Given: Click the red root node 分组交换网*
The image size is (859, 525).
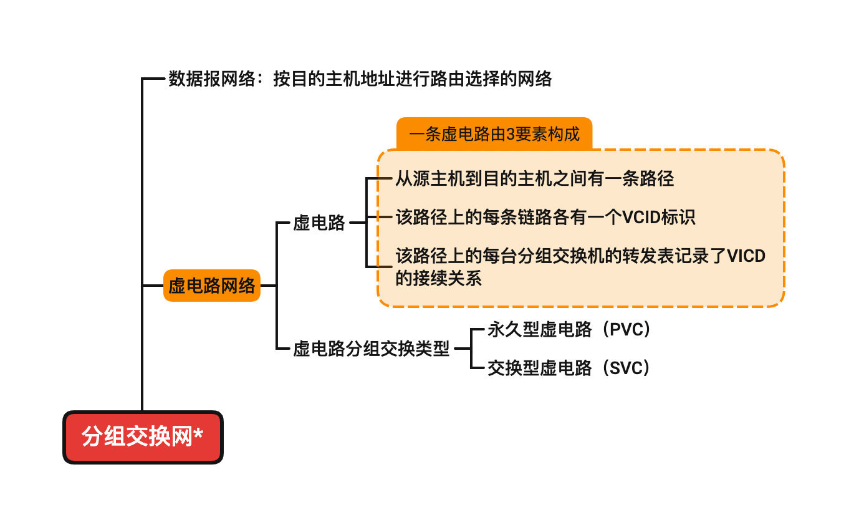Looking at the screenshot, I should coord(143,437).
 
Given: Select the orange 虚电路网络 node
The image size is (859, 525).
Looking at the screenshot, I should coord(211,286).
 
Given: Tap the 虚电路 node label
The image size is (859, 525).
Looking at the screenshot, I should coord(319,223).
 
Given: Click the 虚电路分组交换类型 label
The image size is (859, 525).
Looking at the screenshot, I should coord(371,349).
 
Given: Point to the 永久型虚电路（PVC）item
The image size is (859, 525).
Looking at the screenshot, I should coord(569,330).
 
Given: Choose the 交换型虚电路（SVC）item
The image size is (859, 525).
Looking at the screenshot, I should coord(569,368).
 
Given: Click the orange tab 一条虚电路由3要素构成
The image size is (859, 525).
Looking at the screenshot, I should coord(494,134).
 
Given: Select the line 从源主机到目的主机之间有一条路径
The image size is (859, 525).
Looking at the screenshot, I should coord(534,179).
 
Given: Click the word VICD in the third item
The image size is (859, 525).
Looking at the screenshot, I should coord(746,256).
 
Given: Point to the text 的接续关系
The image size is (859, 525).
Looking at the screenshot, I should coord(438,278).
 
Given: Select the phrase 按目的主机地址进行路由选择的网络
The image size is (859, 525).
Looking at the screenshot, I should coord(412,79).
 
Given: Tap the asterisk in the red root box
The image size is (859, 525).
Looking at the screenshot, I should coord(198,435).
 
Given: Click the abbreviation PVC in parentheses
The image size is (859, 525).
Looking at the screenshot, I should coord(626,330).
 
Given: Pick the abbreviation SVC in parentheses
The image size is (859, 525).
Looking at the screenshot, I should coord(626,368).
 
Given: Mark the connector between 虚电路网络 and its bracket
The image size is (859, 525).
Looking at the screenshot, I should coord(268,286).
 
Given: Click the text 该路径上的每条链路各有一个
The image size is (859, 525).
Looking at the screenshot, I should coord(509,218).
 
